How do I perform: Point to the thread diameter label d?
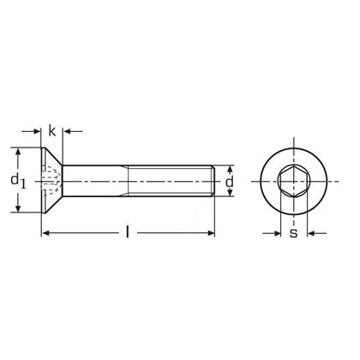pyautogui.click(x=229, y=183)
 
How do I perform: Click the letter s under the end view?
pyautogui.click(x=293, y=232)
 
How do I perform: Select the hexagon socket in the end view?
pyautogui.click(x=293, y=183)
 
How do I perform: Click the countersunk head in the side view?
pyautogui.click(x=51, y=182)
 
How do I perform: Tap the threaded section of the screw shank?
pyautogui.click(x=171, y=182)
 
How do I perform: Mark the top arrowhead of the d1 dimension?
pyautogui.click(x=18, y=152)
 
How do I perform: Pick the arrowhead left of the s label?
pyautogui.click(x=276, y=232)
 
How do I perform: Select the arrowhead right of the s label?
pyautogui.click(x=310, y=232)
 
